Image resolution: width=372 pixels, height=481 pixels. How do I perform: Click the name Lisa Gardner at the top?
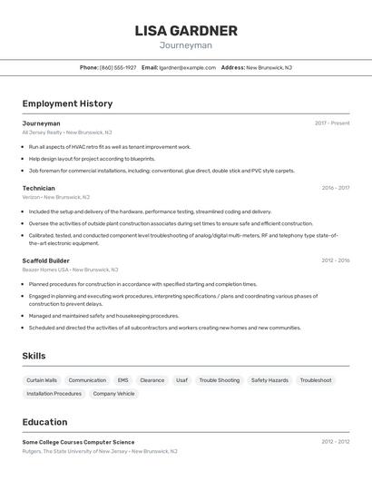point(185,31)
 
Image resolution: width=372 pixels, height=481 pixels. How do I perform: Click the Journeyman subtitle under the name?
point(185,45)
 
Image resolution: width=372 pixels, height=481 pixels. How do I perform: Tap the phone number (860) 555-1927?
point(118,67)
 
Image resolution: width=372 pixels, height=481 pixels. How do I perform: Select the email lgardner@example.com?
point(188,67)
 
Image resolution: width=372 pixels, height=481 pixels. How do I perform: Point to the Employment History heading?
point(67,103)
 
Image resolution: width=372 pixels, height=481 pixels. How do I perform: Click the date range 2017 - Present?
point(332,123)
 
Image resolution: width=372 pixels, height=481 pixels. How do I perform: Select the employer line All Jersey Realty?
point(67,133)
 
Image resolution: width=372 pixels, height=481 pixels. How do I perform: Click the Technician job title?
point(38,188)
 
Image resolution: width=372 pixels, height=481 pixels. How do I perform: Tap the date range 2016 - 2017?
point(335,188)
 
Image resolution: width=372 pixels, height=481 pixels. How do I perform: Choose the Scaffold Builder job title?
point(45,260)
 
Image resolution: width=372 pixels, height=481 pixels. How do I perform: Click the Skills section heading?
point(34,356)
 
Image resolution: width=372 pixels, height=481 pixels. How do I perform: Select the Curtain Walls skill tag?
point(42,380)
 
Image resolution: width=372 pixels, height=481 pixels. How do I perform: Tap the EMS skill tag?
point(122,380)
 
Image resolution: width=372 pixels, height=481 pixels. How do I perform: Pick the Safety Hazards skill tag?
point(269,380)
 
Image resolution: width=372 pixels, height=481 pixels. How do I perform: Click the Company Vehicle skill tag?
point(113,394)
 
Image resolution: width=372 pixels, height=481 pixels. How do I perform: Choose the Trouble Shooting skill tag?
point(220,380)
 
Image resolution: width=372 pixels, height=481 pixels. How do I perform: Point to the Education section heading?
point(44,422)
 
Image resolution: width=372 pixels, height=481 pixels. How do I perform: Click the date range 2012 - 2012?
point(335,442)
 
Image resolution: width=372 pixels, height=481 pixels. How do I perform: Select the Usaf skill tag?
point(181,380)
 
